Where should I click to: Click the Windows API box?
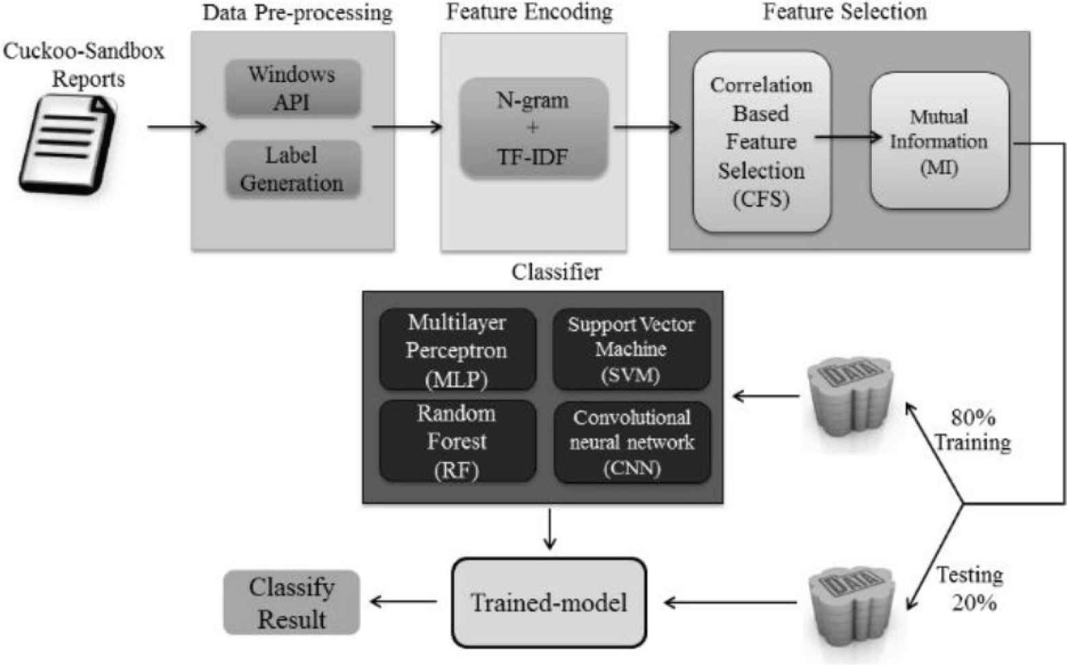tap(292, 88)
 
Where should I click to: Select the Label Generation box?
tap(292, 169)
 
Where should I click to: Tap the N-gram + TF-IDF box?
tap(533, 129)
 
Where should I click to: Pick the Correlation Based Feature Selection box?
tap(761, 142)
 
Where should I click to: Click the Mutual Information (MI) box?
tap(939, 141)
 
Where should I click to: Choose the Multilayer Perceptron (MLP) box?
tap(457, 350)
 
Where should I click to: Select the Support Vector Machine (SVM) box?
tap(631, 350)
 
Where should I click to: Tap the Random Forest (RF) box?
tap(457, 441)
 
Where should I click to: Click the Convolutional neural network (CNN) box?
tap(632, 442)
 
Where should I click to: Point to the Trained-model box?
tap(549, 603)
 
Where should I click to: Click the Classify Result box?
tap(292, 603)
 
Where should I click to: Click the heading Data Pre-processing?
tap(297, 13)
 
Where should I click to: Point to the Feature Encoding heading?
tap(529, 12)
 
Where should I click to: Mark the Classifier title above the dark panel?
tap(556, 272)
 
